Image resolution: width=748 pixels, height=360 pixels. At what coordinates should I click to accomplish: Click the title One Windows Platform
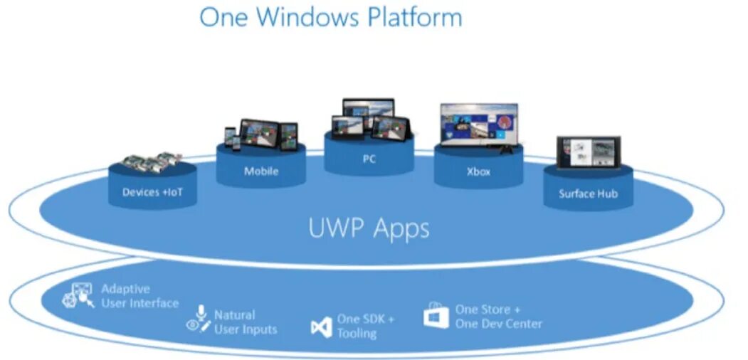[x=330, y=16]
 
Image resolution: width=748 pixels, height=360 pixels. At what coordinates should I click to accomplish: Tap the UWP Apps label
[x=369, y=228]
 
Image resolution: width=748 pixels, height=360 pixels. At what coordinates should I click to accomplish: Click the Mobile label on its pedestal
[x=261, y=171]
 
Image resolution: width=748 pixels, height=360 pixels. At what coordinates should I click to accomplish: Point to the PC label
[x=369, y=159]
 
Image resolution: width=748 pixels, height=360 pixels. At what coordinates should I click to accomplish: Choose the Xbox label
[x=478, y=172]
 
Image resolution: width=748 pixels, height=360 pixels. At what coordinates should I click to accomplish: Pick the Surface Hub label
[x=588, y=194]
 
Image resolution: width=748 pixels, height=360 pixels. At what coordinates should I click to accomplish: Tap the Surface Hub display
[x=588, y=152]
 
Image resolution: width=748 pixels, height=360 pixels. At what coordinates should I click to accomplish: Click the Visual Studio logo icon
[x=322, y=327]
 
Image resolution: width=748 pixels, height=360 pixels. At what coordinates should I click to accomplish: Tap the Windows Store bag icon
[x=436, y=316]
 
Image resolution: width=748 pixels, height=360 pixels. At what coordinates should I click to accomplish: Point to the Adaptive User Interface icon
[x=78, y=296]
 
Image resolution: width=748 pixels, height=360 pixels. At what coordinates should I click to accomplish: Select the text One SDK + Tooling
[x=365, y=326]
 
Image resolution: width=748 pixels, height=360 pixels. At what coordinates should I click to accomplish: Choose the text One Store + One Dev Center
[x=498, y=317]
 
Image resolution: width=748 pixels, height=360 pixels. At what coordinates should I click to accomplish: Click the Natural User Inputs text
[x=245, y=322]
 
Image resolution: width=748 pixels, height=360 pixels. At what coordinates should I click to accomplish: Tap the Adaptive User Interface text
[x=139, y=296]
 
